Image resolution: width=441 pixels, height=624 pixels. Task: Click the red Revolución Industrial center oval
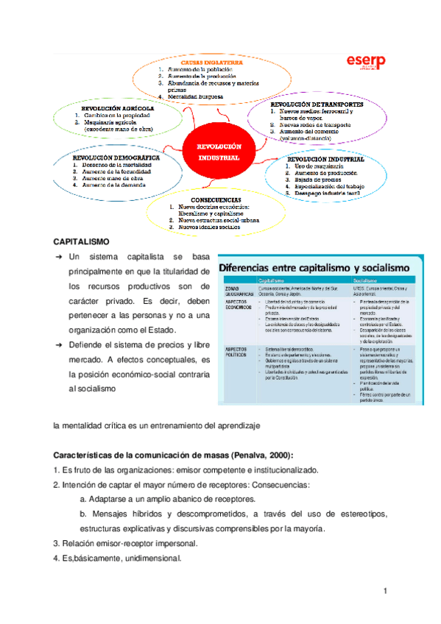tap(217, 152)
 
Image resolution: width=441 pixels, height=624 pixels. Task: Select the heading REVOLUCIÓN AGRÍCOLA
tap(113, 108)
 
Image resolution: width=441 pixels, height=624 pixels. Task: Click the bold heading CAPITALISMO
tap(81, 241)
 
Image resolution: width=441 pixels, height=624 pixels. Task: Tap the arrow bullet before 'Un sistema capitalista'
tap(58, 257)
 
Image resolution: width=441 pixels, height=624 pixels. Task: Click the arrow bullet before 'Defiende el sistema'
tap(58, 344)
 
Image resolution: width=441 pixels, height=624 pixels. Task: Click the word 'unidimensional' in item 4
tap(148, 559)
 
